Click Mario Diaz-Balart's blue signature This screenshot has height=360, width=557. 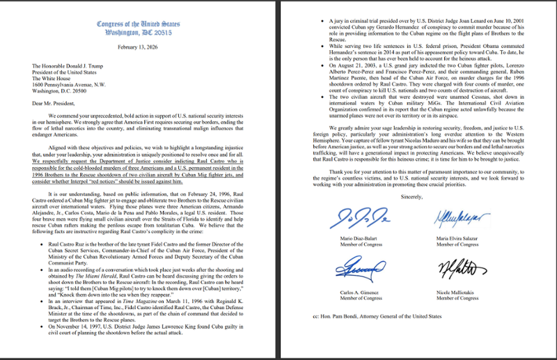[360, 219]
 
